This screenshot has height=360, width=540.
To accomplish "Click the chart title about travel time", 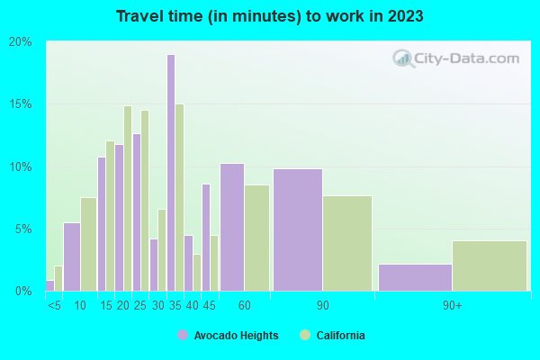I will (x=270, y=17).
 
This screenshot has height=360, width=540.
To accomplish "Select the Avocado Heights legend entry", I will (x=228, y=336).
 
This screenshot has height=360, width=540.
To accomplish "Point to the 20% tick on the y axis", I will (x=21, y=42).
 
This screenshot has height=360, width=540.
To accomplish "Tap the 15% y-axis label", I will (x=21, y=104).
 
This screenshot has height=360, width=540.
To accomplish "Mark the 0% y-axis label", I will (x=23, y=291).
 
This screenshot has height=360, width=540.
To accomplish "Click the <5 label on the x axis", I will (x=54, y=306).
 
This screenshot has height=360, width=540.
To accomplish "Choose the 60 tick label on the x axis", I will (x=245, y=306).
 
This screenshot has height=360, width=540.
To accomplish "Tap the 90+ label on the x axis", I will (x=452, y=306).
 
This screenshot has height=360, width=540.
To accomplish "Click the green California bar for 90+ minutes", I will (x=489, y=265).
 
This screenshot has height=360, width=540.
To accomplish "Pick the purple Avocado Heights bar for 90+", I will (x=415, y=277).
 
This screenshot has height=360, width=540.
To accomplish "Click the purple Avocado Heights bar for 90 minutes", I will (x=298, y=229).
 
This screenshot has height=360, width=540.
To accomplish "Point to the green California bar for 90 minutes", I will (x=347, y=243).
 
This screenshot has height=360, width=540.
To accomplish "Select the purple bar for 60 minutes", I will (x=232, y=227).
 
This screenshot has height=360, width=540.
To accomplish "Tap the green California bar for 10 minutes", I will (x=88, y=244).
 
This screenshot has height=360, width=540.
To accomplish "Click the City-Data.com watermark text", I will (x=467, y=58).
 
